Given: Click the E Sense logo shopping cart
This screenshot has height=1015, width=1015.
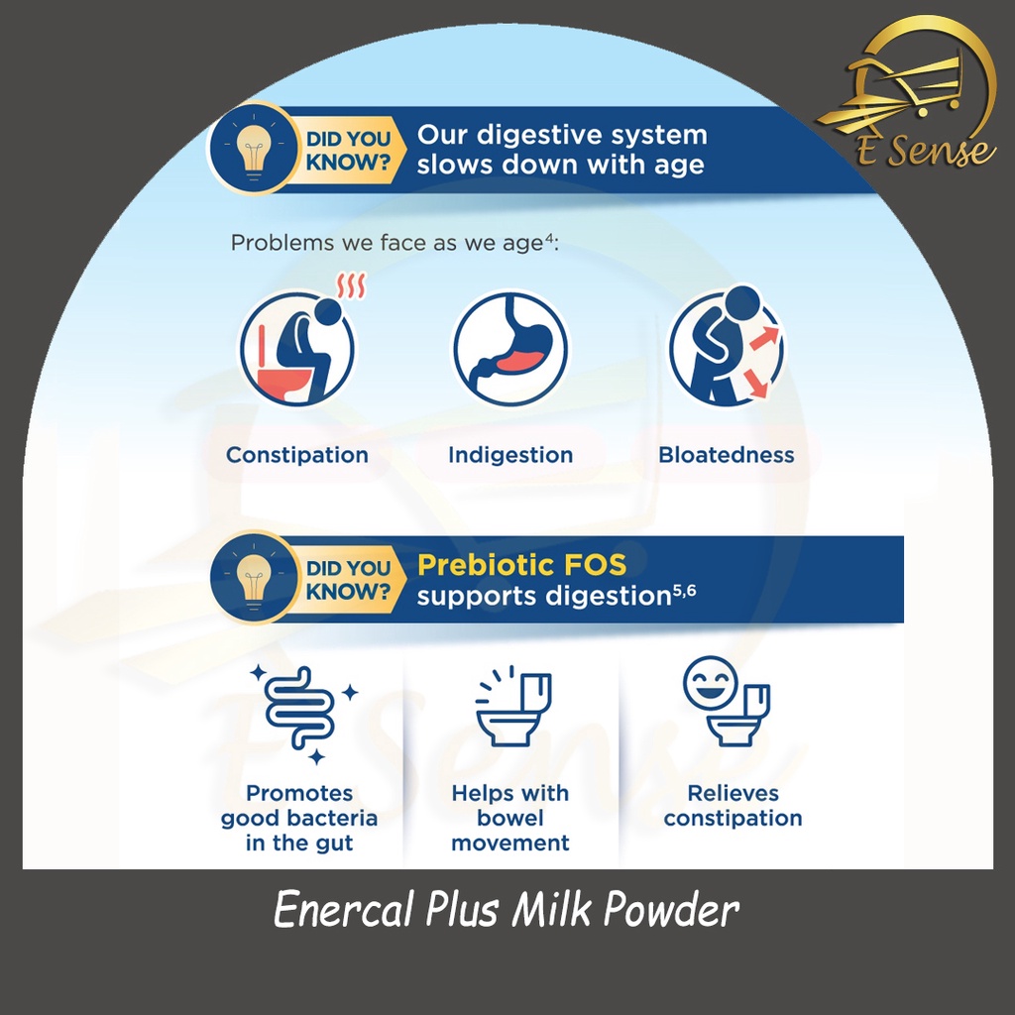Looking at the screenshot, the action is (906, 90).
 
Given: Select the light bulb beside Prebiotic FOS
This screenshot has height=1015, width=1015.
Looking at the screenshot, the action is (254, 580).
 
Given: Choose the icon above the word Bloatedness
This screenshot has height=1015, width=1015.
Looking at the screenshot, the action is (727, 346).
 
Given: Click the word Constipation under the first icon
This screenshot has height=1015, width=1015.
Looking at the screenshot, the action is (297, 455).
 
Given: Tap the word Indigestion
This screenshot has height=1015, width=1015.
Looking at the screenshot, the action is (510, 455).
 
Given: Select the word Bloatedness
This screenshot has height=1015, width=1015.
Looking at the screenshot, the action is (727, 454).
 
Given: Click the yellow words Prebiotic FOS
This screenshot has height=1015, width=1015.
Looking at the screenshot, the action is (521, 565).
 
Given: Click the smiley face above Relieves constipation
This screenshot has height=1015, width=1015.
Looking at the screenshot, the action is (710, 683).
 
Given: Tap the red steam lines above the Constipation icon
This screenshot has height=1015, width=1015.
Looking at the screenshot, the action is (351, 285).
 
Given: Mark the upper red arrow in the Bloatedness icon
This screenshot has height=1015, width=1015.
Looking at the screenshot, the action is (765, 338).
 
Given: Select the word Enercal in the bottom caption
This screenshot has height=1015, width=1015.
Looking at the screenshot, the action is (343, 909).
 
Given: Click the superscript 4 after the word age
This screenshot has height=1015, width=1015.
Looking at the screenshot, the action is (549, 238).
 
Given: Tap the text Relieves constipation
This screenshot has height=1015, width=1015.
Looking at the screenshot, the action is (733, 806).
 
